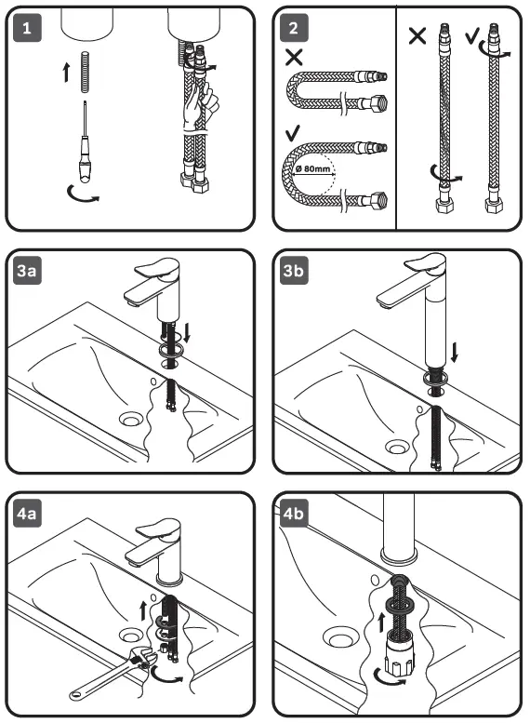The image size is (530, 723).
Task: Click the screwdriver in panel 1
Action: (85, 148)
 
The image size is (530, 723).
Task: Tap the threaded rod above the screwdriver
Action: (86, 73)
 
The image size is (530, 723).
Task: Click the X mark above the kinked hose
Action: (295, 57)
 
